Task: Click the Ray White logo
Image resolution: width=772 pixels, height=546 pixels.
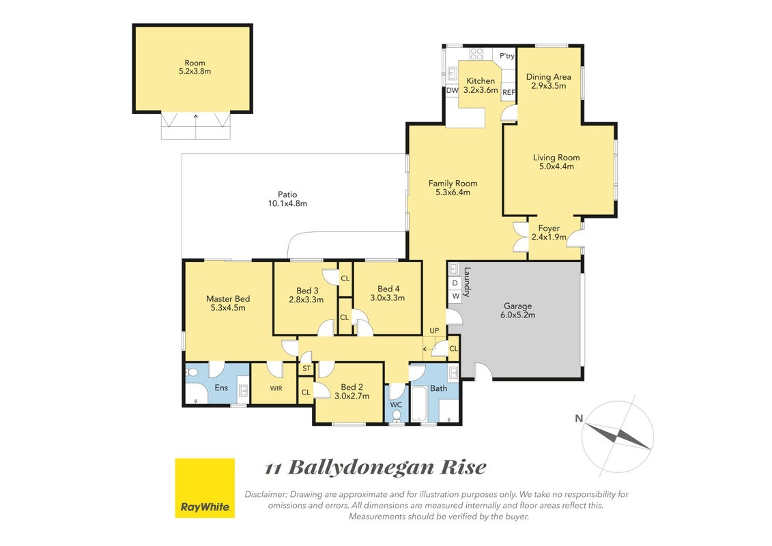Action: (205, 488)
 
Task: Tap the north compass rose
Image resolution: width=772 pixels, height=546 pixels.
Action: (618, 435)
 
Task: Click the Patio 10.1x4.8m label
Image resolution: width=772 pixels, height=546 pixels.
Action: (287, 199)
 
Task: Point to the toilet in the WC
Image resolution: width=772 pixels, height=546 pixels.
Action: (397, 416)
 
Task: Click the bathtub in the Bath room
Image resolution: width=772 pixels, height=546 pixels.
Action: (420, 404)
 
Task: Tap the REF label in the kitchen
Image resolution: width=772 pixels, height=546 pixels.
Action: (509, 92)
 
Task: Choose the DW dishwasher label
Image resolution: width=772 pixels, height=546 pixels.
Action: (452, 90)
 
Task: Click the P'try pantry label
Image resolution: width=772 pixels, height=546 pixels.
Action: (506, 56)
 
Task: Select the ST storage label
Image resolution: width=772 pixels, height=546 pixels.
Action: (306, 369)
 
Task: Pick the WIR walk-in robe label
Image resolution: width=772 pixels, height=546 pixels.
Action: (276, 388)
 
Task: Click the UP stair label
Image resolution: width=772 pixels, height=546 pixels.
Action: (434, 330)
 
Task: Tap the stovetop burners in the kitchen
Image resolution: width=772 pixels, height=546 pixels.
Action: (476, 54)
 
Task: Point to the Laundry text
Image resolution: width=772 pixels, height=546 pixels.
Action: (468, 282)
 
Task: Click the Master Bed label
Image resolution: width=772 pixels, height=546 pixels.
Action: (228, 303)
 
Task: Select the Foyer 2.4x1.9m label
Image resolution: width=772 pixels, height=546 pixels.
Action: (549, 232)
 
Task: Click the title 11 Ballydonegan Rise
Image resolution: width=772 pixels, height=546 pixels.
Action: (375, 468)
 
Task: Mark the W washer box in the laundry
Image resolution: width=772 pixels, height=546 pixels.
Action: (455, 296)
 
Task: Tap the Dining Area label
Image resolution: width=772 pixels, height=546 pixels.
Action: (549, 81)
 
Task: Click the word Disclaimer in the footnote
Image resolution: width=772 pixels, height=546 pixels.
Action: (266, 494)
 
